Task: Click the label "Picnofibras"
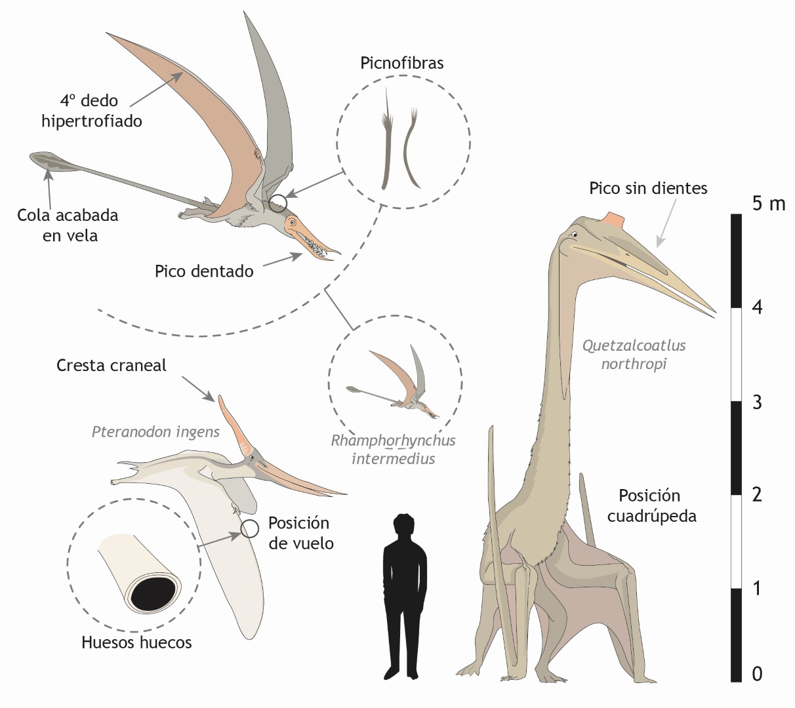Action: click(401, 63)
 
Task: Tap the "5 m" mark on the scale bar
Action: click(768, 204)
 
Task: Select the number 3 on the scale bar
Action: click(757, 402)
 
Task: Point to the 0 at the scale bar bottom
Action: click(757, 673)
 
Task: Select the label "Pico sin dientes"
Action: click(647, 189)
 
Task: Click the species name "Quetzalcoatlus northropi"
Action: click(634, 354)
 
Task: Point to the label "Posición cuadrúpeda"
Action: click(651, 505)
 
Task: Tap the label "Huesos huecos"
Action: click(136, 642)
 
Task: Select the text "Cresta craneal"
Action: click(112, 365)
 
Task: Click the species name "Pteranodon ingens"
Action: click(155, 432)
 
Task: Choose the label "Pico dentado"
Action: click(204, 271)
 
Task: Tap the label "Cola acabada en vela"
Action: click(68, 225)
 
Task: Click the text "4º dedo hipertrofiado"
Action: click(91, 111)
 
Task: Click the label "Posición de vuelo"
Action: click(300, 533)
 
